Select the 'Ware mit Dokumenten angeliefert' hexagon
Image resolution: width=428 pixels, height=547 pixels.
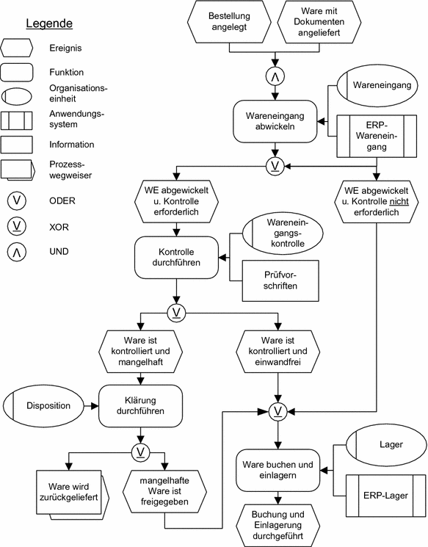pyautogui.click(x=322, y=22)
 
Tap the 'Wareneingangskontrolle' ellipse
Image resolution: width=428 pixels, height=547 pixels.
pyautogui.click(x=282, y=231)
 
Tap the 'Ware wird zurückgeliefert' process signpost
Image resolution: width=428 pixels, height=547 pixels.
pyautogui.click(x=71, y=495)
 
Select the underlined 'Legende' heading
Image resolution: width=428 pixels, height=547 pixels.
pyautogui.click(x=49, y=23)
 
